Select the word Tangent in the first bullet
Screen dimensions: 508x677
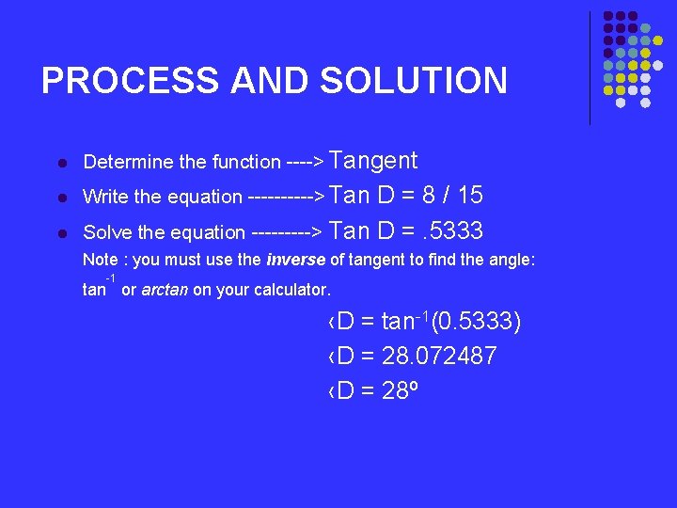374,161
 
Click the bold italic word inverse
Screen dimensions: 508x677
297,260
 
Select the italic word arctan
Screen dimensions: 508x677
165,291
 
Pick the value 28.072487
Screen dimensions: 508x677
440,357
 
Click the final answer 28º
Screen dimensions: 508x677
401,390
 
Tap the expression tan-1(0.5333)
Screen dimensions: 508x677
451,323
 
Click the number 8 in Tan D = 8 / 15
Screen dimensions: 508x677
428,196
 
